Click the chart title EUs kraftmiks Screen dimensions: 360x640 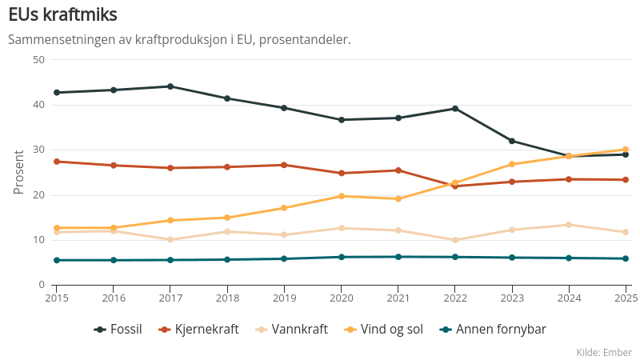pyautogui.click(x=63, y=15)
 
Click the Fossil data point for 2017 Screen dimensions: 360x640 pyautogui.click(x=170, y=86)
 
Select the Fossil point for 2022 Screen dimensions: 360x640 pyautogui.click(x=455, y=109)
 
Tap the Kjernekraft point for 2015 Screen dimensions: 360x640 pyautogui.click(x=57, y=162)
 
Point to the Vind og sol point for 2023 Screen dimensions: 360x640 pyautogui.click(x=512, y=165)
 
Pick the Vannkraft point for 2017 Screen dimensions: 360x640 pyautogui.click(x=170, y=239)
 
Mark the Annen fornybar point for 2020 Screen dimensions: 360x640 pyautogui.click(x=342, y=257)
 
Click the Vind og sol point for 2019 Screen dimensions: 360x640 pyautogui.click(x=284, y=208)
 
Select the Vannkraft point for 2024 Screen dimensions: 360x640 pyautogui.click(x=569, y=225)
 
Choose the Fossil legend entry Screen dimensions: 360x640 pyautogui.click(x=118, y=329)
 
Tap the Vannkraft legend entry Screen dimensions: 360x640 pyautogui.click(x=291, y=329)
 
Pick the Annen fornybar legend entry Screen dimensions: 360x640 pyautogui.click(x=492, y=329)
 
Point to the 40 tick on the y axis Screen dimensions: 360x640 pyautogui.click(x=38, y=105)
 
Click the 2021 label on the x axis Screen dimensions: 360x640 pyautogui.click(x=398, y=298)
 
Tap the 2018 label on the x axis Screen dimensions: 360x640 pyautogui.click(x=227, y=298)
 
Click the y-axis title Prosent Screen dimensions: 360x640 pyautogui.click(x=19, y=172)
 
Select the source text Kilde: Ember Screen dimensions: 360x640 pyautogui.click(x=603, y=352)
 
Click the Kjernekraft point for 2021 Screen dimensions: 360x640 pyautogui.click(x=398, y=170)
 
